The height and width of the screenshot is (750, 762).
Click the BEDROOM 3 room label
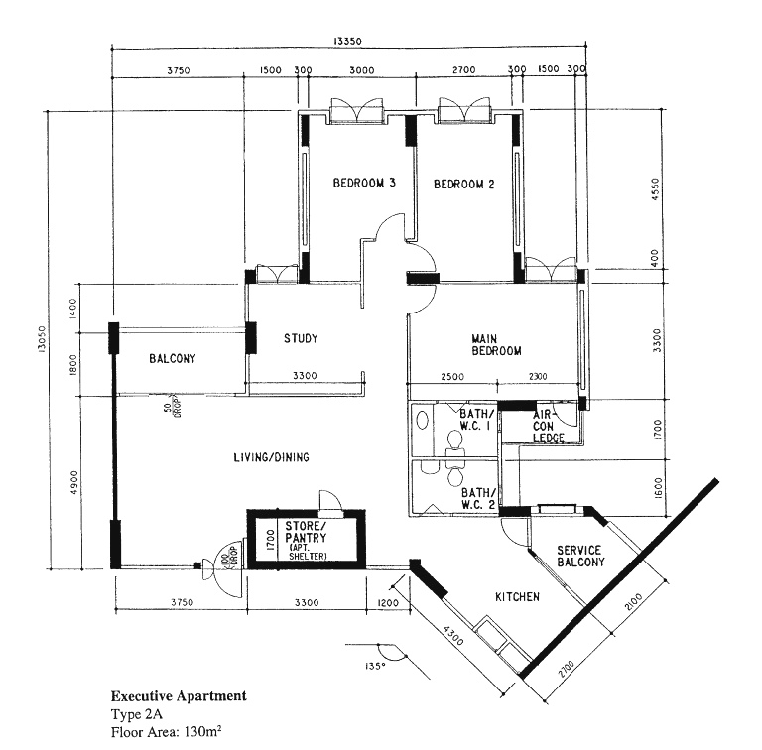pyautogui.click(x=364, y=183)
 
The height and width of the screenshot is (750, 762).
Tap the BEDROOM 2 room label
pyautogui.click(x=464, y=185)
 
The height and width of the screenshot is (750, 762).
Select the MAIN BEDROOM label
pyautogui.click(x=496, y=345)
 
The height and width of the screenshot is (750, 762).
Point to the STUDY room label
pyautogui.click(x=301, y=338)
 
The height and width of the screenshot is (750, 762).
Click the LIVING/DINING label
pyautogui.click(x=271, y=457)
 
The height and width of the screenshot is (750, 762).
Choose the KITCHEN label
pyautogui.click(x=517, y=597)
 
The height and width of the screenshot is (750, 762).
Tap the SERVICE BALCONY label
pyautogui.click(x=580, y=557)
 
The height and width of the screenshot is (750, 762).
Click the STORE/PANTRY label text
pyautogui.click(x=306, y=532)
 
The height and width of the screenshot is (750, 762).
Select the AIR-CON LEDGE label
pyautogui.click(x=548, y=426)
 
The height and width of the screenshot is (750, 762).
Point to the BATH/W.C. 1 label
pyautogui.click(x=476, y=420)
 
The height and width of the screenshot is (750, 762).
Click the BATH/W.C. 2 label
pyautogui.click(x=478, y=499)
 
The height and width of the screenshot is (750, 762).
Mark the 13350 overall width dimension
pyautogui.click(x=347, y=42)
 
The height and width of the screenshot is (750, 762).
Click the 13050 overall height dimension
pyautogui.click(x=41, y=339)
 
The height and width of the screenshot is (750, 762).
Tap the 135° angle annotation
pyautogui.click(x=374, y=666)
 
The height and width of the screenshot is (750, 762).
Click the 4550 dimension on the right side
pyautogui.click(x=656, y=189)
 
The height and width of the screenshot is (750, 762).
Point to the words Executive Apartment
pyautogui.click(x=179, y=696)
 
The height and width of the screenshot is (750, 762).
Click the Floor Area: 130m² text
pyautogui.click(x=167, y=731)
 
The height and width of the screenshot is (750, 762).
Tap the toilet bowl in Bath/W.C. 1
pyautogui.click(x=453, y=441)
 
